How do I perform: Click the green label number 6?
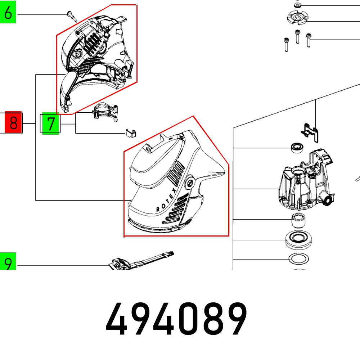[x=8, y=14]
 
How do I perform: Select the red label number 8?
[x=13, y=123]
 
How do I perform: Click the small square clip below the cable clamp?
[x=130, y=133]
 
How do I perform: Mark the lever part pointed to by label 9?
[x=140, y=262]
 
